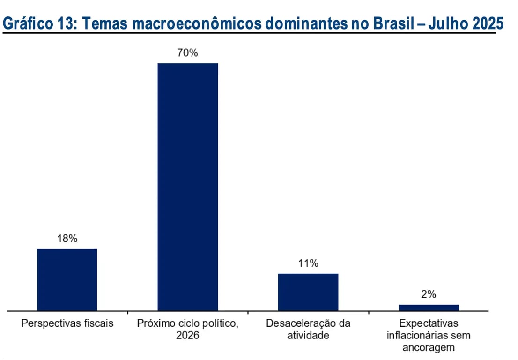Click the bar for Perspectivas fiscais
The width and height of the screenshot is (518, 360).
tap(67, 280)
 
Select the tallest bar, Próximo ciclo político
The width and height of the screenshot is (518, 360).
tap(188, 187)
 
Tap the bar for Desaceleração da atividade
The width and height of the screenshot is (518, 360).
tap(308, 292)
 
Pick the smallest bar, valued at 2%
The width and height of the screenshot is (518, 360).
tap(429, 308)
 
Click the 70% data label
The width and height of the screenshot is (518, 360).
tap(187, 53)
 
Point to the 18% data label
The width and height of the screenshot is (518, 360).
tap(67, 238)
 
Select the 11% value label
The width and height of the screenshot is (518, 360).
tap(308, 263)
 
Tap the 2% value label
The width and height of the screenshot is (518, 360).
tap(429, 294)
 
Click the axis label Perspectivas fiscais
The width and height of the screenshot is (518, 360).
tap(67, 323)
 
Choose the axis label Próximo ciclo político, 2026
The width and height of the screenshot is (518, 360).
tap(188, 329)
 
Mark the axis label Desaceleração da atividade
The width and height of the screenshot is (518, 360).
tap(308, 329)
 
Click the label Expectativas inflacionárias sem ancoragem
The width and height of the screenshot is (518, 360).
tap(429, 335)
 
